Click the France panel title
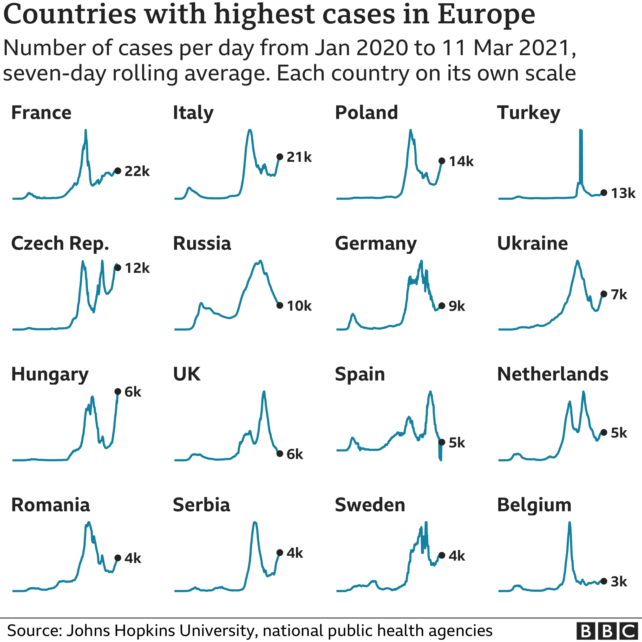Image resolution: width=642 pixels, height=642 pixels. (x=41, y=113)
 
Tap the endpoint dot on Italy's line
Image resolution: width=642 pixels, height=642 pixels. (x=280, y=157)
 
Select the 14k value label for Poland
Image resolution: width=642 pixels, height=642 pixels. (x=461, y=162)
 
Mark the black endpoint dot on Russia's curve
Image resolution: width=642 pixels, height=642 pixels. (x=280, y=305)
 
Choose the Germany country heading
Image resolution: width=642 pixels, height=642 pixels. (x=376, y=243)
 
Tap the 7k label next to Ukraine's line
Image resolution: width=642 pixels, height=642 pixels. (x=619, y=295)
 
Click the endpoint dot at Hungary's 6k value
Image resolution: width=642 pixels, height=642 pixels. (x=118, y=392)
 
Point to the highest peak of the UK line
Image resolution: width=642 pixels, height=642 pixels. (x=264, y=392)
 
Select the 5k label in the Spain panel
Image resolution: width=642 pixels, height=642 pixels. (x=457, y=443)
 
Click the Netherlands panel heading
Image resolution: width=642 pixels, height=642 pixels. (x=553, y=374)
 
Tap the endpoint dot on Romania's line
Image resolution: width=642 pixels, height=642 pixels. (x=118, y=558)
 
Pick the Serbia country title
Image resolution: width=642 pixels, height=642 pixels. (x=201, y=505)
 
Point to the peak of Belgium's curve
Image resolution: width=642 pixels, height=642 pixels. (x=570, y=523)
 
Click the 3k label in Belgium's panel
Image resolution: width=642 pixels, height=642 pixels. (x=619, y=582)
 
